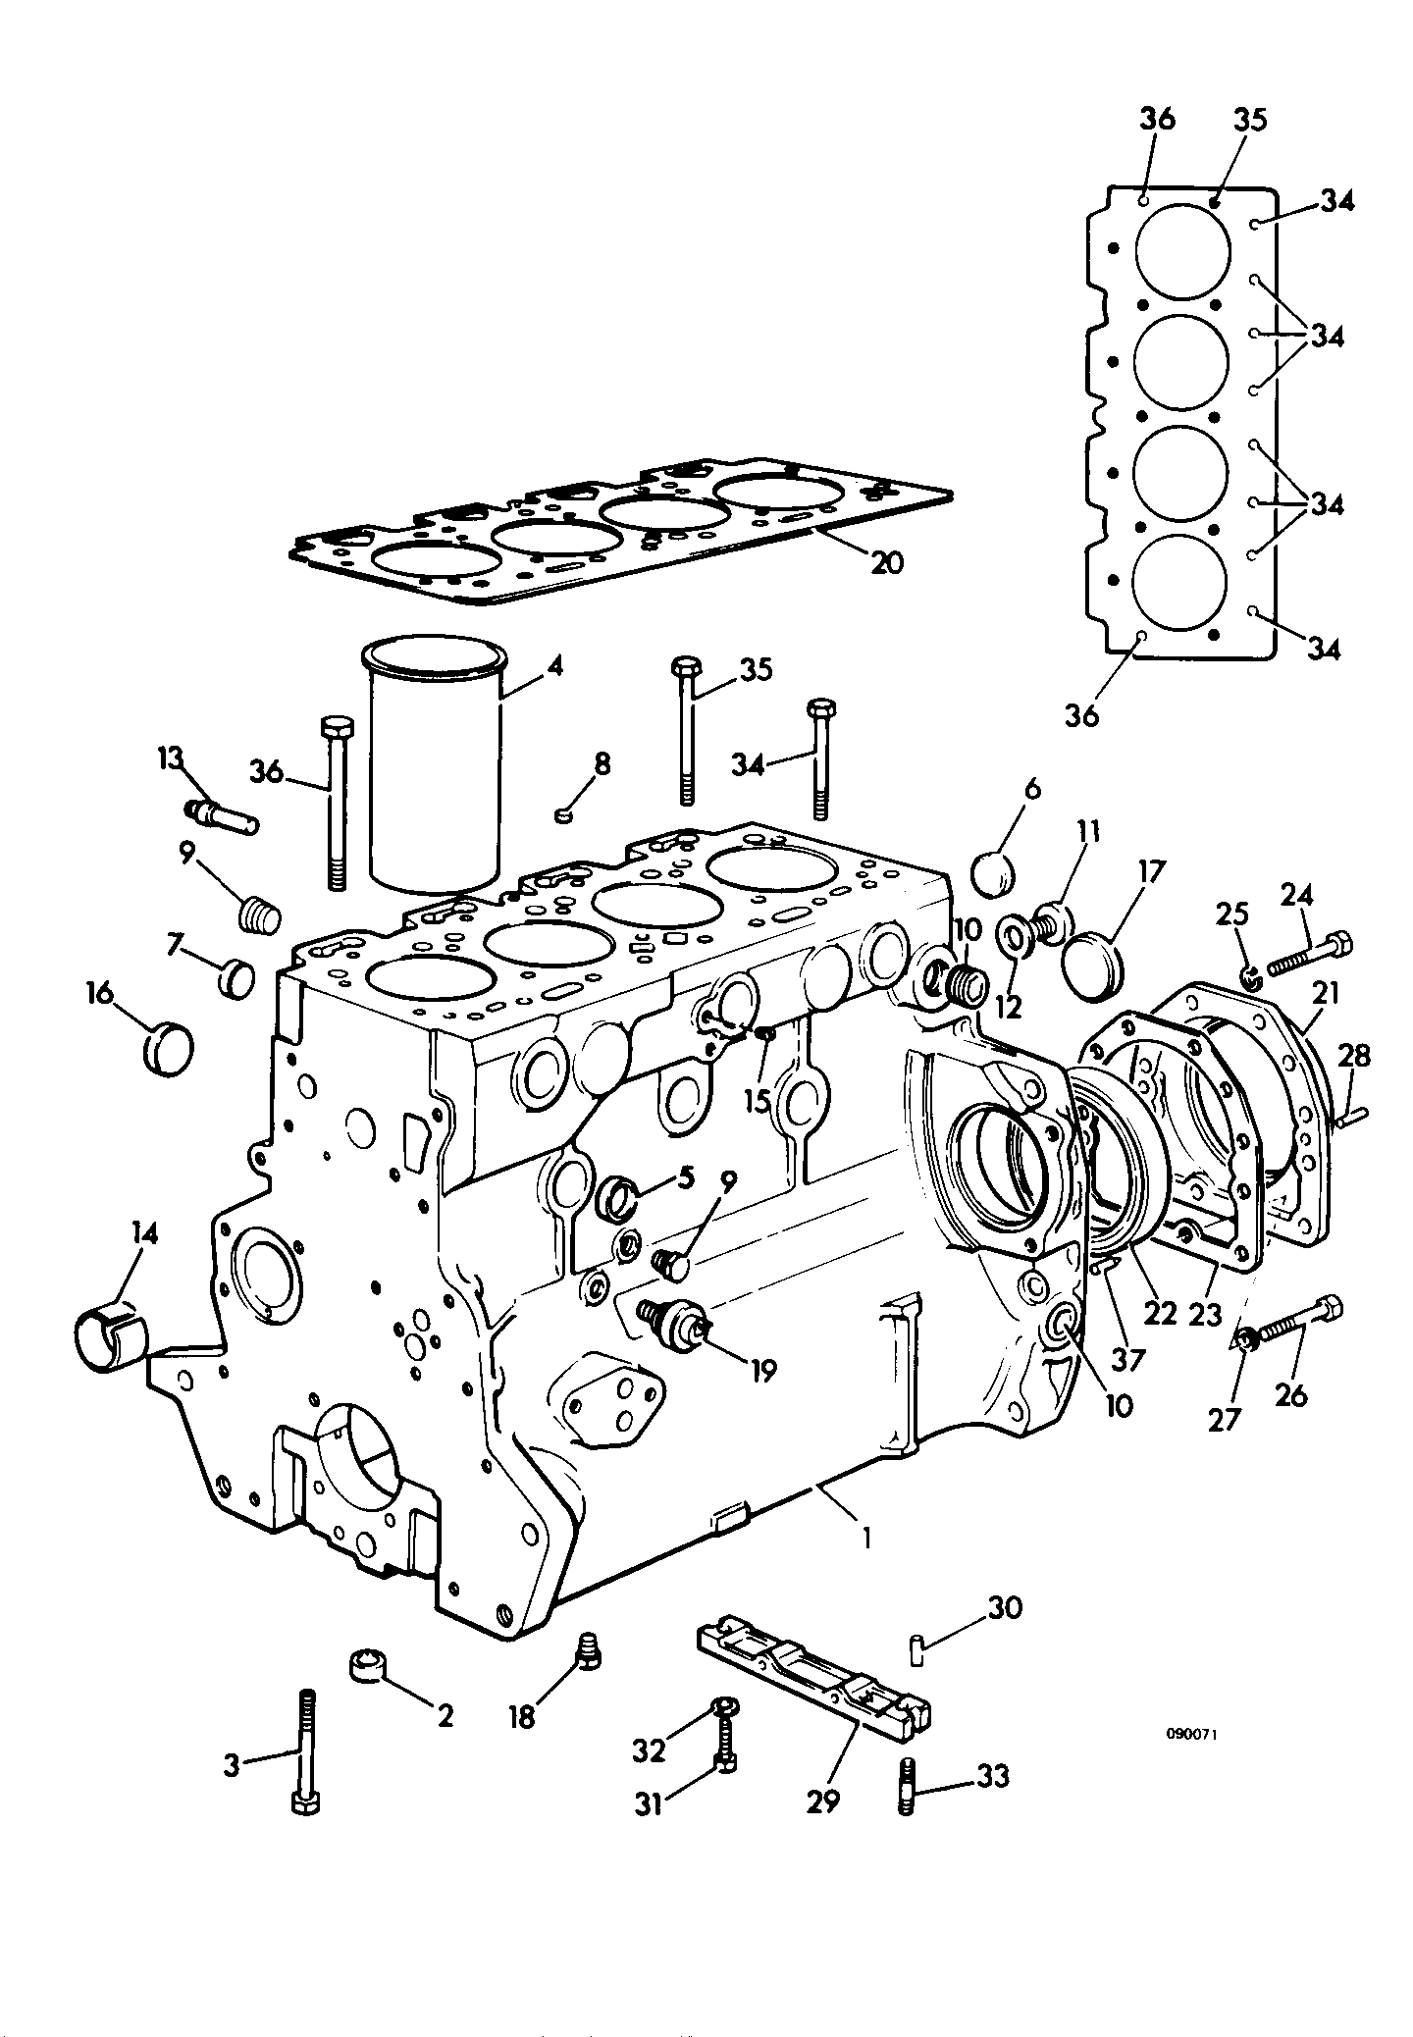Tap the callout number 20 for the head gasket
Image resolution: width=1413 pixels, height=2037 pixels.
886,563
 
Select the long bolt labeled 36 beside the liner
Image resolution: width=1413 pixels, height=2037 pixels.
335,803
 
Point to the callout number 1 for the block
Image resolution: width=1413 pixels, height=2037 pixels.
866,1537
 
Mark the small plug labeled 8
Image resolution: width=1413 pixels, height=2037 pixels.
563,813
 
